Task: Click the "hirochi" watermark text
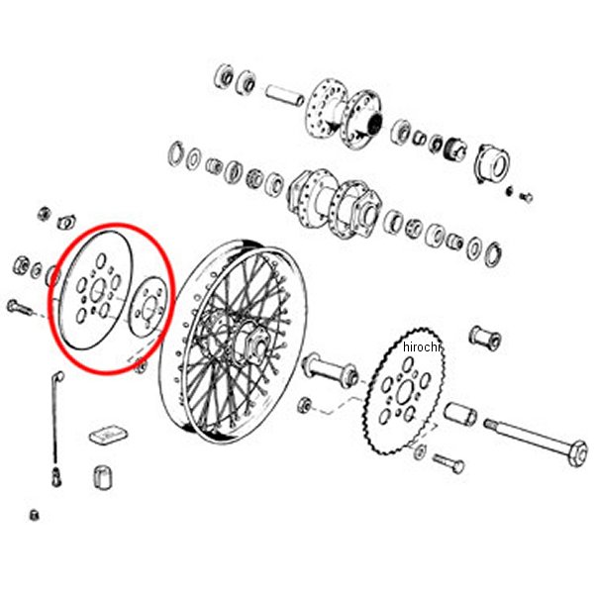pos(422,347)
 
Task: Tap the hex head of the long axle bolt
pos(578,452)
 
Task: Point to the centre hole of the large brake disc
pos(98,290)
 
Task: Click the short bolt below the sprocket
pos(448,463)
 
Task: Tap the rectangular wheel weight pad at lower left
pos(108,435)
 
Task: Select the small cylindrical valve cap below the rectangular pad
pos(102,476)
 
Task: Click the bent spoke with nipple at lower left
pos(56,428)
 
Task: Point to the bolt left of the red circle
pos(21,307)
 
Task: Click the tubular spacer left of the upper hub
pos(284,95)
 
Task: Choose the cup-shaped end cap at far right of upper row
pos(492,163)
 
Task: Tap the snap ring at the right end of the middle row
pos(493,254)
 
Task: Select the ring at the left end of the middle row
pos(176,153)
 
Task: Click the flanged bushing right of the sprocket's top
pos(485,338)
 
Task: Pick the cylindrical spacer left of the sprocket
pos(330,369)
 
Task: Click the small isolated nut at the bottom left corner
pos(34,515)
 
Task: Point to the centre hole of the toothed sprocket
pos(404,392)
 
